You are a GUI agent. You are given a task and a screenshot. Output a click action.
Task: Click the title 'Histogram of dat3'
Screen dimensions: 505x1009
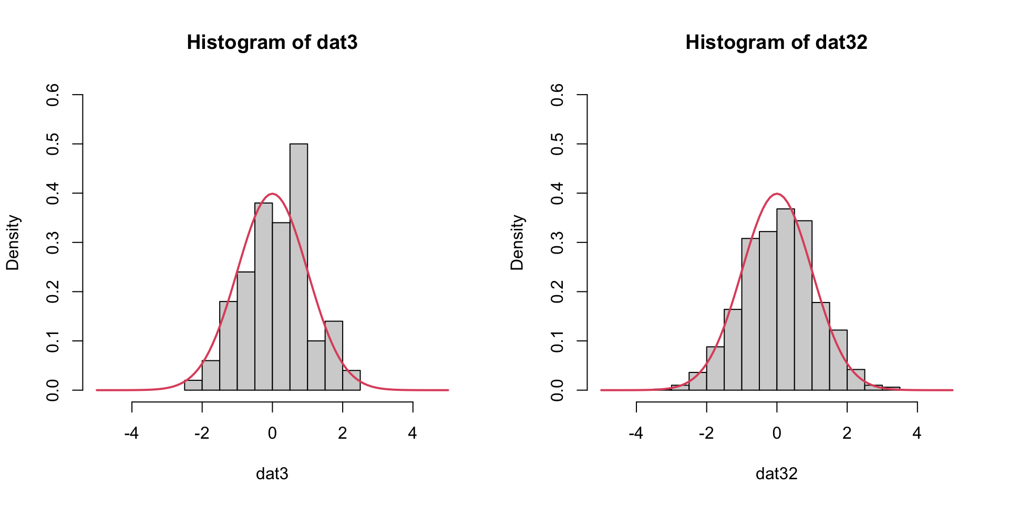272,42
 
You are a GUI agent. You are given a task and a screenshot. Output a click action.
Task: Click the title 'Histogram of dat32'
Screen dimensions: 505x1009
776,42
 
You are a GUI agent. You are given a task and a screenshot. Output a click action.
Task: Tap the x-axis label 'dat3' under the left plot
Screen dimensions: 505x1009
272,474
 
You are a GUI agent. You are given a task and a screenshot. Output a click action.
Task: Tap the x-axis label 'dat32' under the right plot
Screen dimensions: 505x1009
776,474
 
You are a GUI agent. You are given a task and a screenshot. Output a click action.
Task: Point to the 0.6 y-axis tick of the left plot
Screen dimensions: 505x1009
53,95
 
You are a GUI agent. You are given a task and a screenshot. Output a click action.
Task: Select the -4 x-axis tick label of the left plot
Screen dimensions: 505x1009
131,433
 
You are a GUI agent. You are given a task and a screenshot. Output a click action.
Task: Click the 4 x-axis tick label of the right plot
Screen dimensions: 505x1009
917,433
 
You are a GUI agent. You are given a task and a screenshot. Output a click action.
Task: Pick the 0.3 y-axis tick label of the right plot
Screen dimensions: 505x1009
557,243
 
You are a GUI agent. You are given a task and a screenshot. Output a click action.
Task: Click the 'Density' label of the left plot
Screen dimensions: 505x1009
13,243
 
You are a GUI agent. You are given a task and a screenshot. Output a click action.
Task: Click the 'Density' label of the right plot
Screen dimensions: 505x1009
517,243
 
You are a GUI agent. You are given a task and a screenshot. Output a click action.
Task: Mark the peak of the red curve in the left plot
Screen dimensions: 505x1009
272,194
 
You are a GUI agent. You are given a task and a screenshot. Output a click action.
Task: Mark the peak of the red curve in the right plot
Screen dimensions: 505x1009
777,194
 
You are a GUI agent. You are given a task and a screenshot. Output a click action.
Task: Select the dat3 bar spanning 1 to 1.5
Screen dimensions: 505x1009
316,366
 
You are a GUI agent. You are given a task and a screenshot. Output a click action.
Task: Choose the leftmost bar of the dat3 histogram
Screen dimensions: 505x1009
193,385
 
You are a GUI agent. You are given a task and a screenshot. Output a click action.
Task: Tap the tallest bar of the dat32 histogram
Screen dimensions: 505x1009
786,300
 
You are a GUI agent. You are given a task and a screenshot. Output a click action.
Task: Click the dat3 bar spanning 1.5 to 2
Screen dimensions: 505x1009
334,356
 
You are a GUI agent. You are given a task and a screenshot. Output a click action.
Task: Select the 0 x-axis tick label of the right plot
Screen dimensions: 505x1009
777,433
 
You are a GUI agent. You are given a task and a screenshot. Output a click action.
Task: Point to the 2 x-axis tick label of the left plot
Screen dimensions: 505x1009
343,433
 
